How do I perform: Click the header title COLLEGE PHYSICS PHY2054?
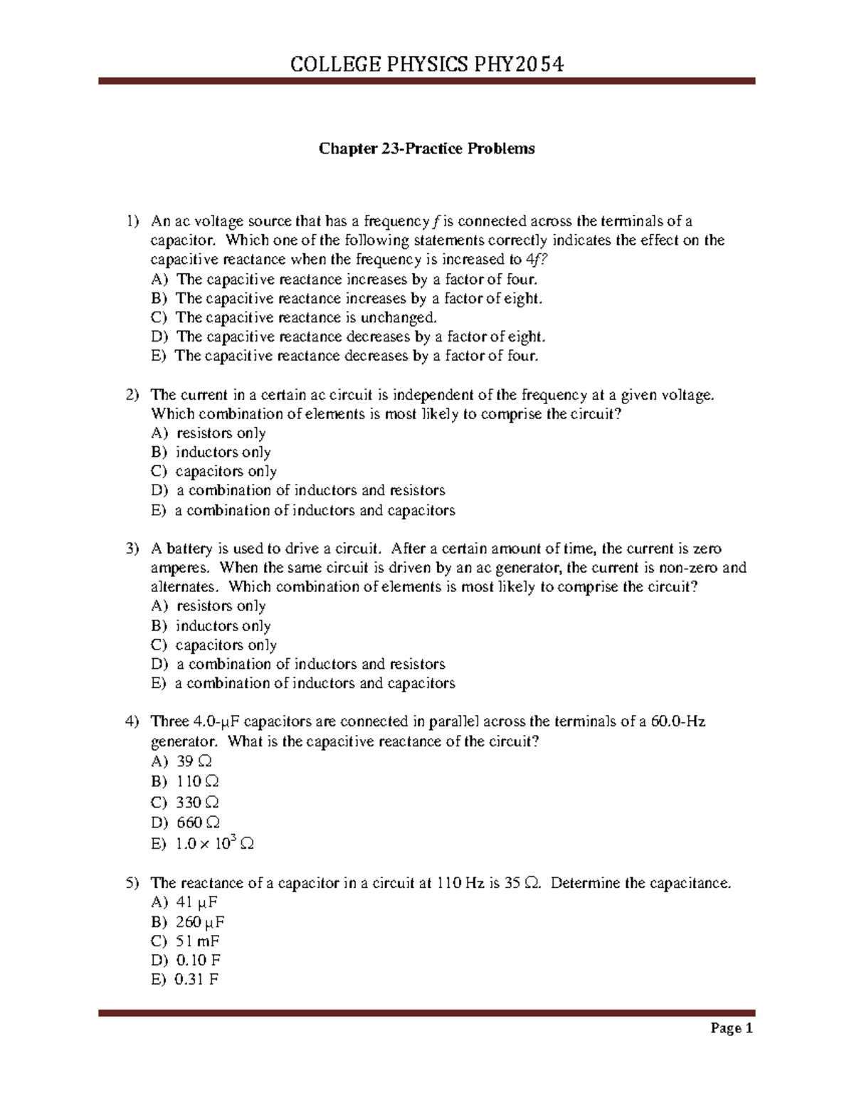coord(427,65)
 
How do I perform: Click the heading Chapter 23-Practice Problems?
coord(426,149)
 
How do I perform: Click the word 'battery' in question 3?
coord(189,549)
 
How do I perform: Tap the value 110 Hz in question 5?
coord(460,884)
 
